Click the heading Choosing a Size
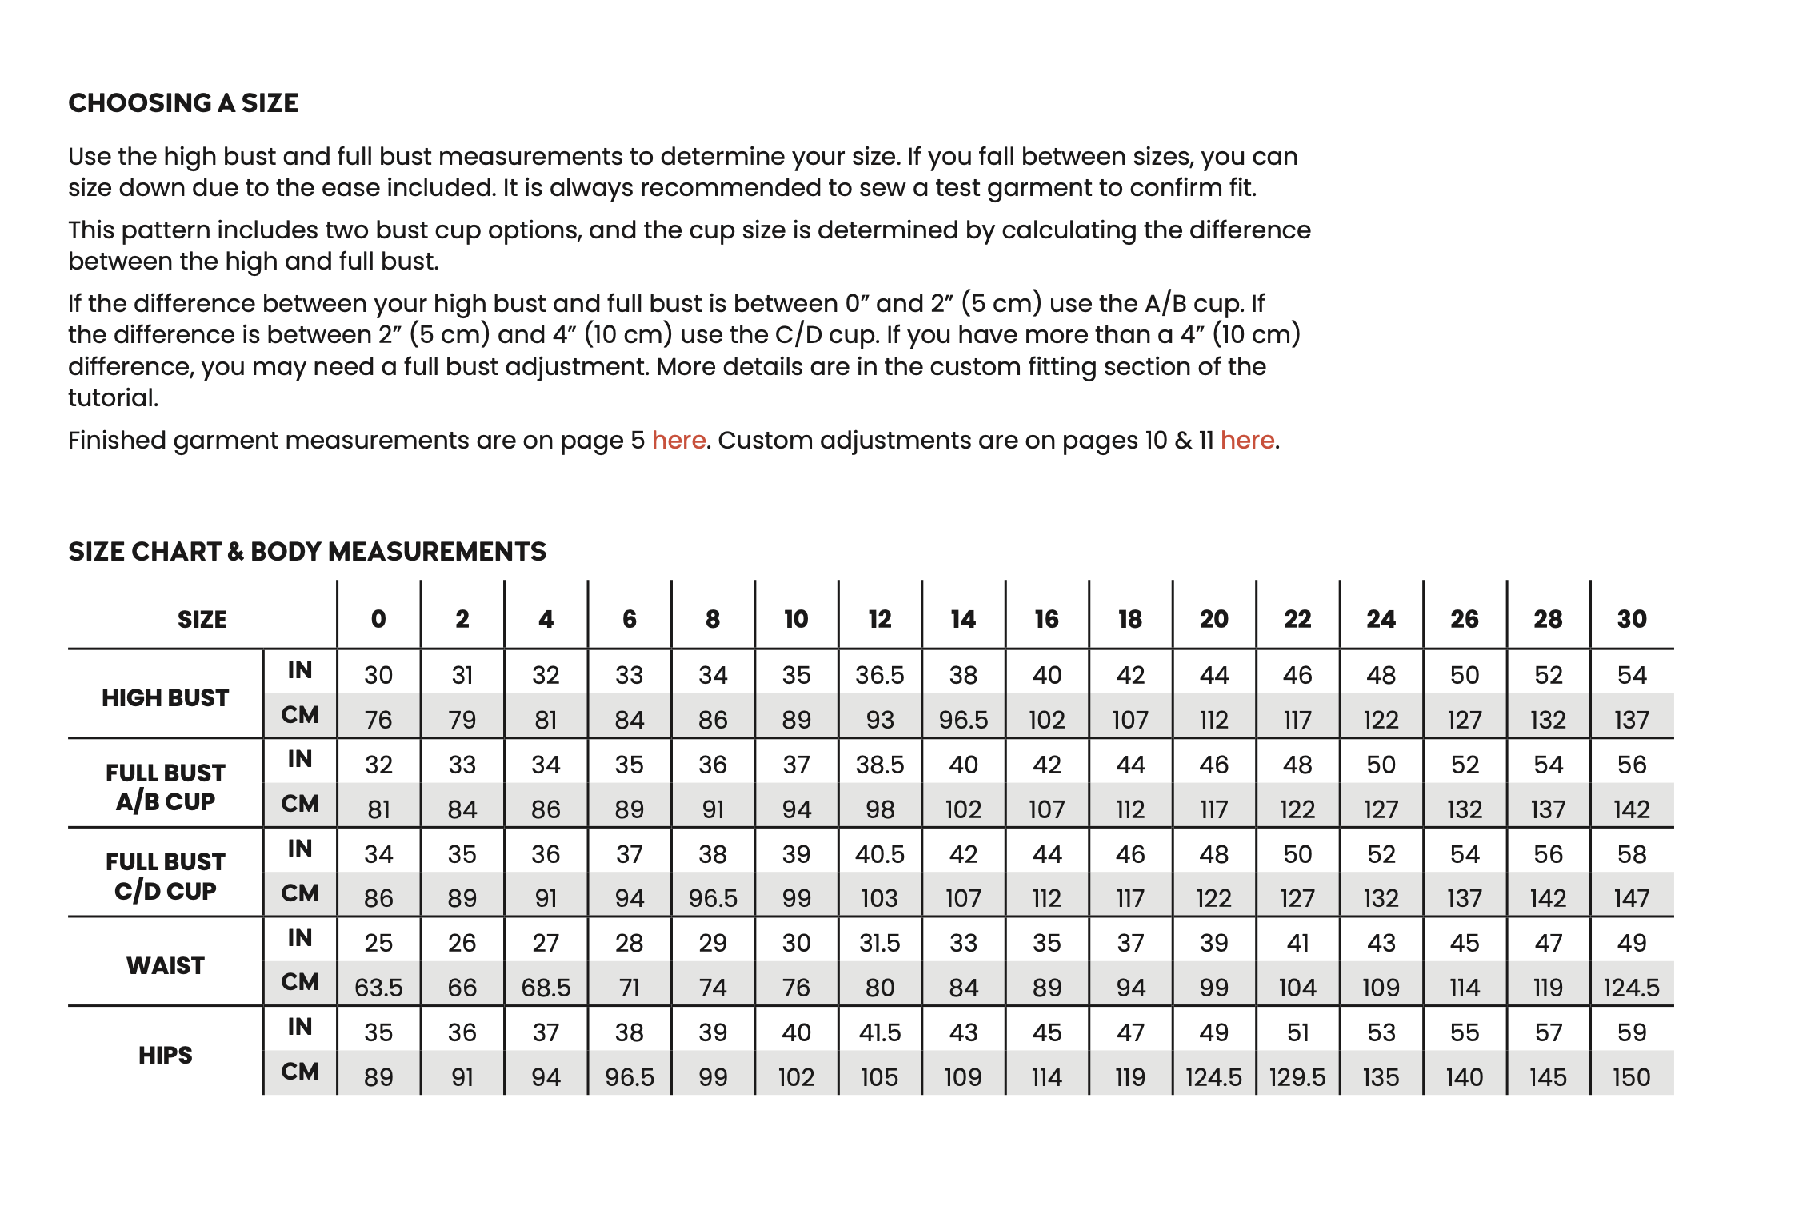pos(183,103)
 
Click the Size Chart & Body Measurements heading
pos(306,552)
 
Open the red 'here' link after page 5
pos(678,441)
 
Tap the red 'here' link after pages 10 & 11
pos(1247,441)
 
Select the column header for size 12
pos(879,619)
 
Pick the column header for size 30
pos(1632,619)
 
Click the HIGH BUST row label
pos(165,697)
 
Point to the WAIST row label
pos(165,965)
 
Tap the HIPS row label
pos(165,1055)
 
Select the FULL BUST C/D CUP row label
pos(165,876)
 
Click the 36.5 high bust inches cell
pos(879,675)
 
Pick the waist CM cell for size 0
pos(378,988)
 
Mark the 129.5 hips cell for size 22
pos(1297,1077)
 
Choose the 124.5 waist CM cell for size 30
pos(1631,988)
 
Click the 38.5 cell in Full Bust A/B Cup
pos(879,765)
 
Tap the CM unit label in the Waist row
pos(300,981)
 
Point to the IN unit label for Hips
pos(300,1026)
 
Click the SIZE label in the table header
pos(202,619)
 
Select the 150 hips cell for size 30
pos(1631,1077)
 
